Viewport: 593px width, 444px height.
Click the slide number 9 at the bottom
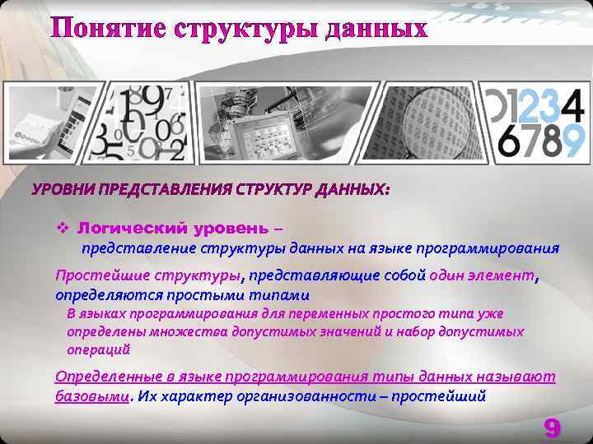point(552,428)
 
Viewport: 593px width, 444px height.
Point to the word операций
point(98,349)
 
